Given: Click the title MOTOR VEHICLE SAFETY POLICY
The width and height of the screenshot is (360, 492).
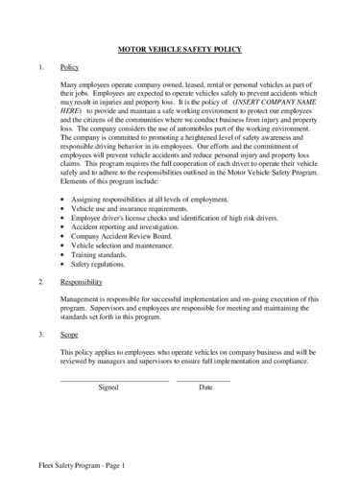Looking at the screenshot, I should pyautogui.click(x=180, y=48).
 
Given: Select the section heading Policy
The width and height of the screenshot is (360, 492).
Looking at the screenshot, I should pyautogui.click(x=69, y=67).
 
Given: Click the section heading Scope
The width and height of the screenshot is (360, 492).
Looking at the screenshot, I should pyautogui.click(x=69, y=335).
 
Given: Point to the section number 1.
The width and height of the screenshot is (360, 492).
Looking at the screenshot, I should pyautogui.click(x=40, y=67).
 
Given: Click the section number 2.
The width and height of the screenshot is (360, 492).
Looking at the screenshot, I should pyautogui.click(x=40, y=283).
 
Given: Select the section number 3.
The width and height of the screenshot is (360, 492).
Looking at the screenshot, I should pyautogui.click(x=40, y=335).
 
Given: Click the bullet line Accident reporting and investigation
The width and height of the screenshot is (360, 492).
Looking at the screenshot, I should pyautogui.click(x=132, y=226).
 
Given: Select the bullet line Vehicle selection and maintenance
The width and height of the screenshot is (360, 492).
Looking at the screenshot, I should pyautogui.click(x=129, y=246).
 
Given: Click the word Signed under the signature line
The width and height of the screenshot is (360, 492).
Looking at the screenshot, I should pyautogui.click(x=108, y=387).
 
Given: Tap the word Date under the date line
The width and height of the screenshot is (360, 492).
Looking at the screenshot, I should pyautogui.click(x=205, y=387).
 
